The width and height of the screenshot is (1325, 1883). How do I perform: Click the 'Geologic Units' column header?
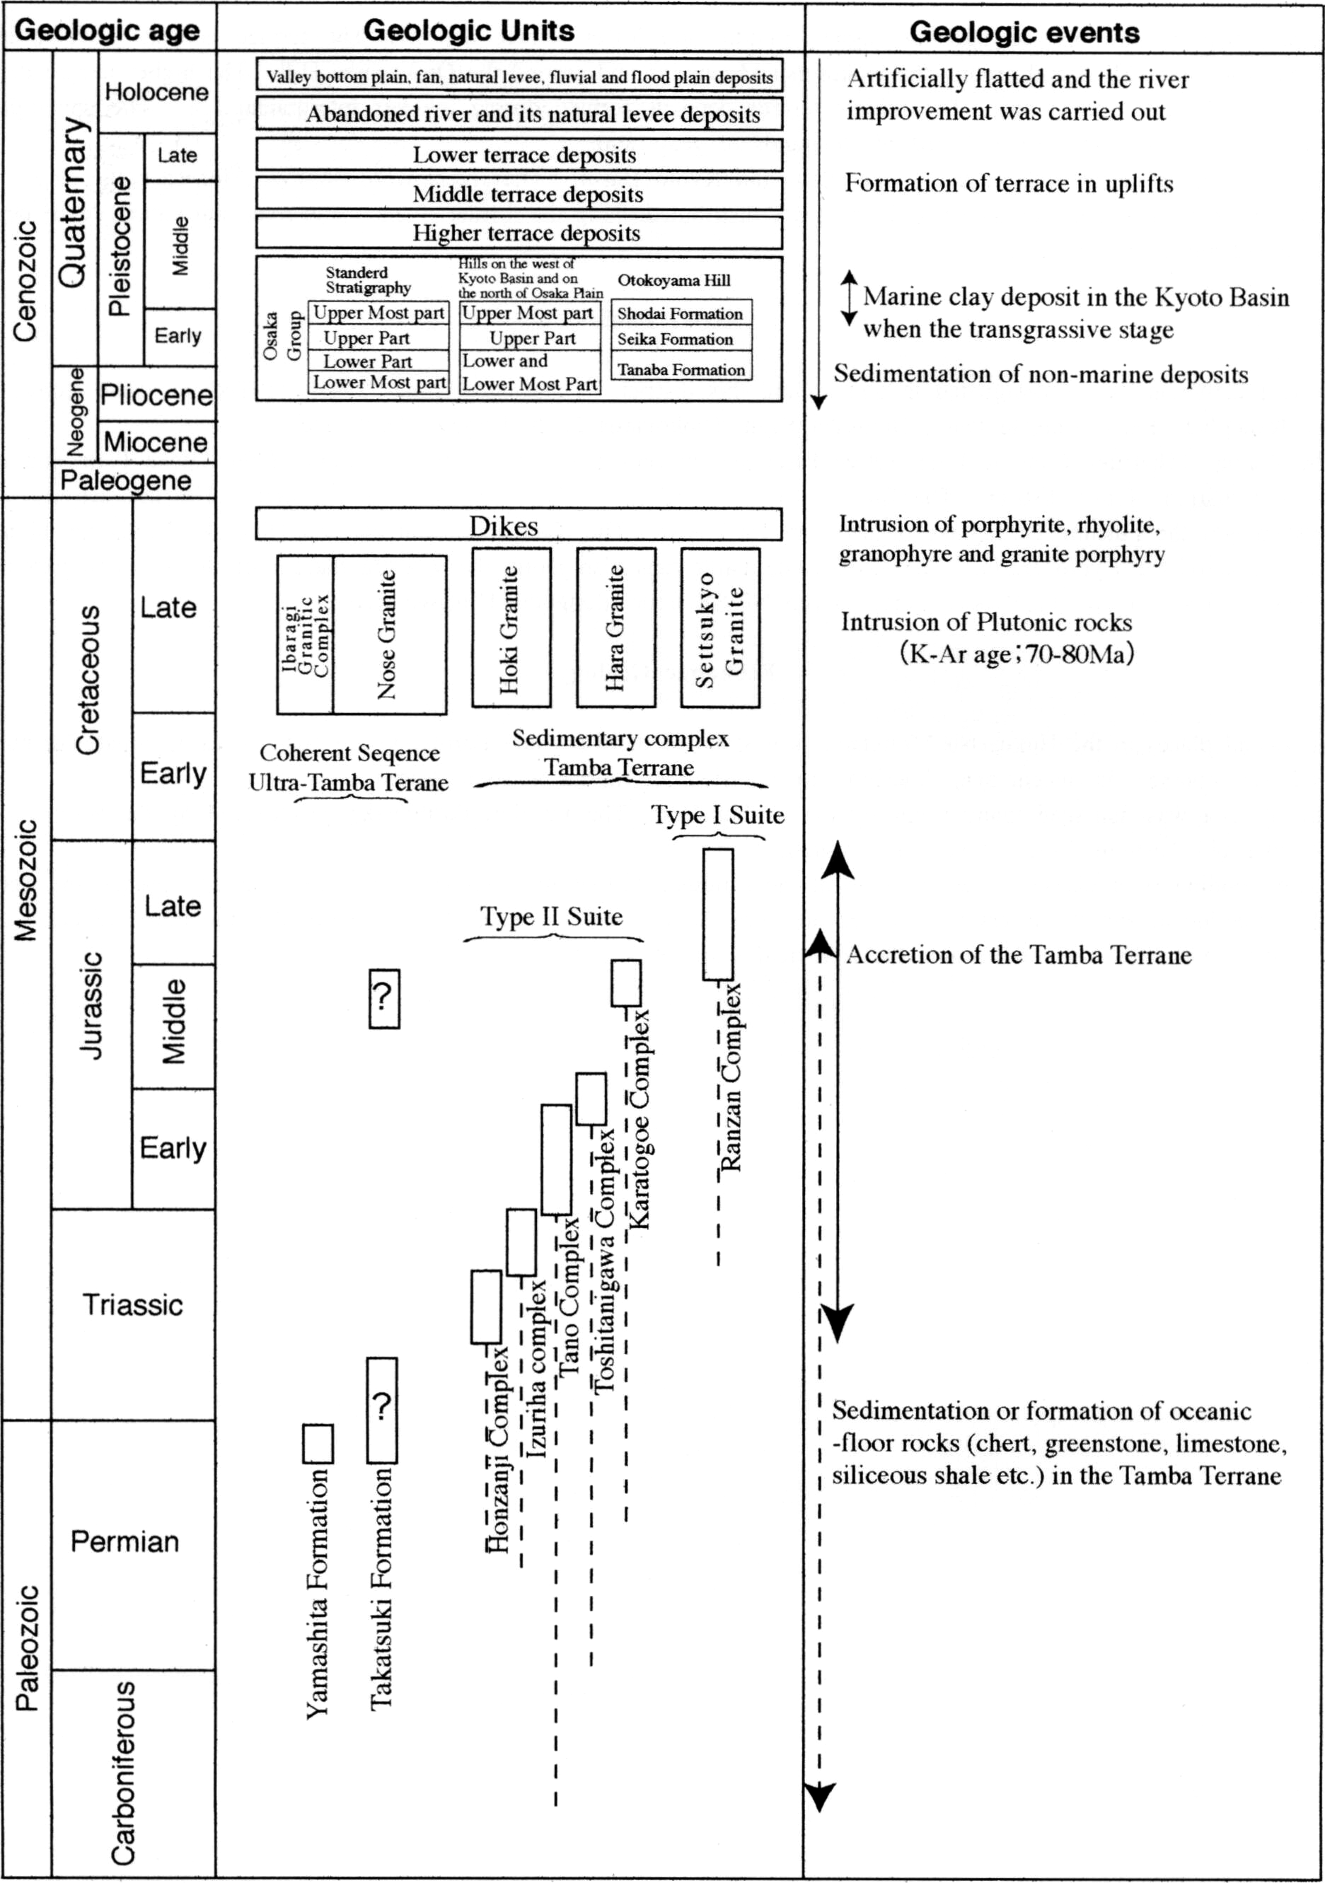click(x=468, y=31)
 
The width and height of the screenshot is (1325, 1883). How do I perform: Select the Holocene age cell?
click(x=156, y=92)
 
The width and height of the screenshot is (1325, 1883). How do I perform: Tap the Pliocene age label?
click(x=156, y=395)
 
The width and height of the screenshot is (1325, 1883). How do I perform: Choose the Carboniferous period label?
click(x=123, y=1771)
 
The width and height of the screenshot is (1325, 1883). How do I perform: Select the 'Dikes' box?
click(x=519, y=525)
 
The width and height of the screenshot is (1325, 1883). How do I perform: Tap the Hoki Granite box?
click(x=510, y=628)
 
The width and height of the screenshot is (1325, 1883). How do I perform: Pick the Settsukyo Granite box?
click(x=719, y=628)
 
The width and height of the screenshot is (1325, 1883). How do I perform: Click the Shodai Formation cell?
click(x=680, y=313)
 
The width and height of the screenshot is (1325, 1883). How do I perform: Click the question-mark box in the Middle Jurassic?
click(x=384, y=998)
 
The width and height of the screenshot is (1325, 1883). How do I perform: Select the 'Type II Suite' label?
click(x=551, y=916)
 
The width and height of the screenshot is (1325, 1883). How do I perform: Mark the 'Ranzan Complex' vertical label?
click(x=730, y=1077)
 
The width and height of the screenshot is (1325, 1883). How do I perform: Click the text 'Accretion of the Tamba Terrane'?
click(x=1019, y=955)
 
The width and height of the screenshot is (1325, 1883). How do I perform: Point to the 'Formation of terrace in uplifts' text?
click(x=1009, y=183)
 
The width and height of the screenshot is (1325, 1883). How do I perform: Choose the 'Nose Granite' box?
click(x=389, y=635)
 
